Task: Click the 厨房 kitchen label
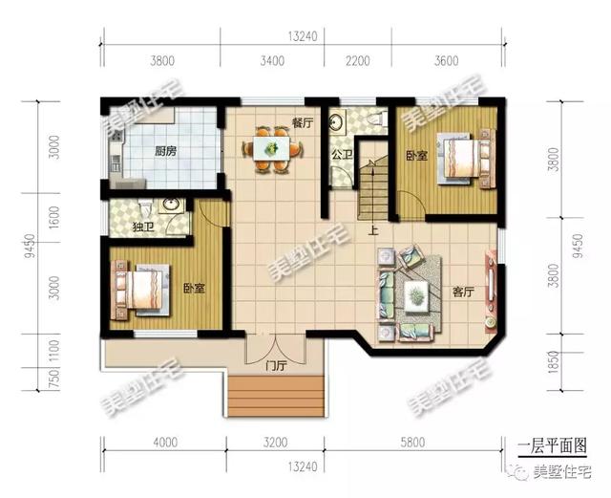(165, 151)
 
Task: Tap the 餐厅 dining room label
(303, 123)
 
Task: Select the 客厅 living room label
(463, 292)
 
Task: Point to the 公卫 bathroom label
(342, 155)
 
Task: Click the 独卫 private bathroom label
(143, 227)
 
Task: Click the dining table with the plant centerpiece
(271, 148)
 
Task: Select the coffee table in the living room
(416, 296)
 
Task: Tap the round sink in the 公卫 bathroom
(335, 121)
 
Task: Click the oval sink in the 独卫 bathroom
(172, 205)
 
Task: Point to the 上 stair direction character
(373, 231)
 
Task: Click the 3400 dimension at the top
(272, 61)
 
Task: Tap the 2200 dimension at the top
(358, 61)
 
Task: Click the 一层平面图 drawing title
(553, 445)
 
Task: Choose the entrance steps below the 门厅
(276, 396)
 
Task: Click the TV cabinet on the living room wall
(491, 292)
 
